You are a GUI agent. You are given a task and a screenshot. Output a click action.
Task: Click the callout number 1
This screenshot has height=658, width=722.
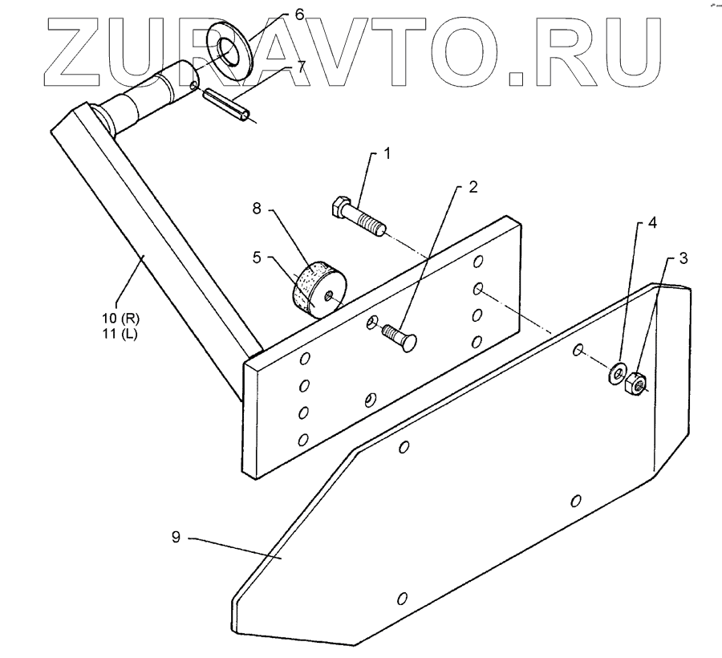coord(387,153)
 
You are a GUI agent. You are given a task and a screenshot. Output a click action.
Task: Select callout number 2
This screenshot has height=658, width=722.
coord(473,188)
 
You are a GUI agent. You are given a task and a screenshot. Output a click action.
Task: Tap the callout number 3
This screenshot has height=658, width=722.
coord(683,258)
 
